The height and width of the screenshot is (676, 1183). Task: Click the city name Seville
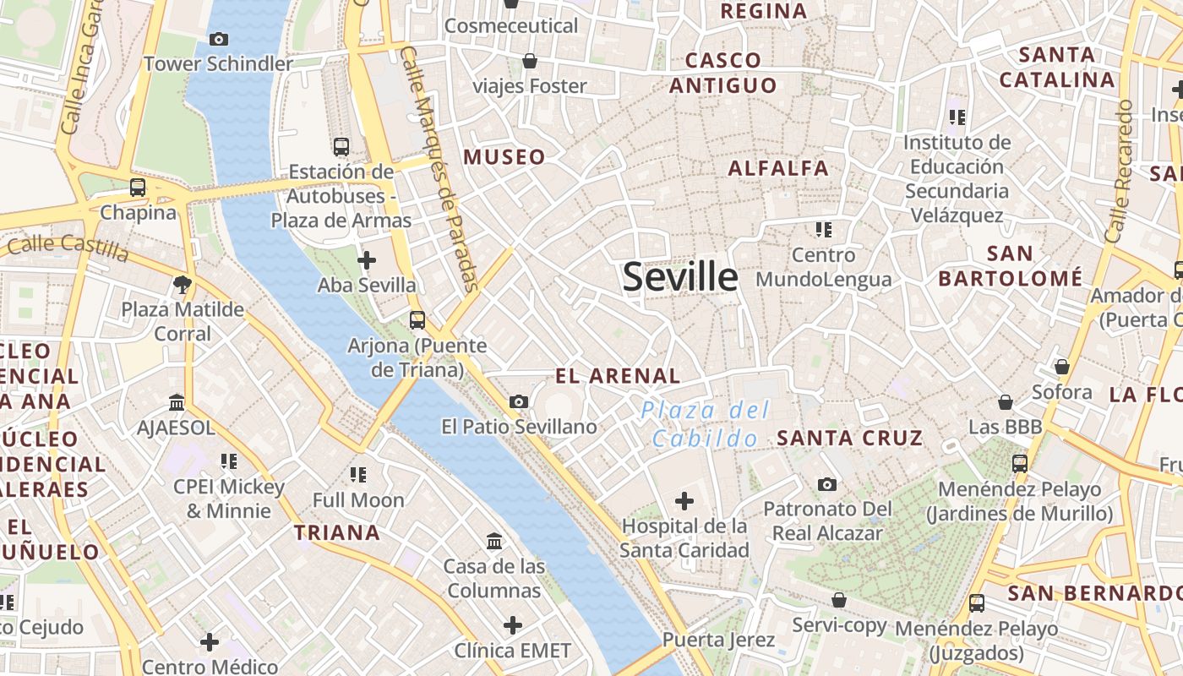click(x=680, y=277)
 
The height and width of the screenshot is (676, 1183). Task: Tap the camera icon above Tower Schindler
click(x=218, y=39)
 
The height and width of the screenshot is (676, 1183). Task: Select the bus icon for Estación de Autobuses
click(x=341, y=147)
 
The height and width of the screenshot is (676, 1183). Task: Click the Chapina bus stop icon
click(x=138, y=188)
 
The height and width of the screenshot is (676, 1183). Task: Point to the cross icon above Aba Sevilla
click(x=367, y=260)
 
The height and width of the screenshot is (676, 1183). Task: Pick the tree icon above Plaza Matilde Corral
click(x=182, y=284)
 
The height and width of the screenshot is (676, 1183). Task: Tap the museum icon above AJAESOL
click(x=177, y=402)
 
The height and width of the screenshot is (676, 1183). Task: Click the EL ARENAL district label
click(x=618, y=376)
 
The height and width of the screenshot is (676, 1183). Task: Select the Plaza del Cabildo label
click(x=706, y=424)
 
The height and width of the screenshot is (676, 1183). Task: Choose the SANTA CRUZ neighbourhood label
click(x=849, y=438)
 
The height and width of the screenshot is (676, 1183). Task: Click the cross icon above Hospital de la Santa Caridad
click(x=684, y=501)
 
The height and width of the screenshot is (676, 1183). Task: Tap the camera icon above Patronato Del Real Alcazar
click(x=827, y=484)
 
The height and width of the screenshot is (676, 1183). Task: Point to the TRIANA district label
click(x=337, y=533)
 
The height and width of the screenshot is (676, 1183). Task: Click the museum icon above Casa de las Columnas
click(x=494, y=541)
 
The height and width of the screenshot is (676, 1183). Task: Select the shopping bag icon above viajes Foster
click(x=530, y=61)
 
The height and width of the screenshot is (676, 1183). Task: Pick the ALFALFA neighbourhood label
click(x=778, y=168)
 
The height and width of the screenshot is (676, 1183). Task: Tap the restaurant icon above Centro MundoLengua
click(x=824, y=229)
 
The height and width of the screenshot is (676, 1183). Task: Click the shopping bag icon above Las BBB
click(x=1006, y=402)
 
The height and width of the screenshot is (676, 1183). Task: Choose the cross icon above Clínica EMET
click(x=513, y=625)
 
